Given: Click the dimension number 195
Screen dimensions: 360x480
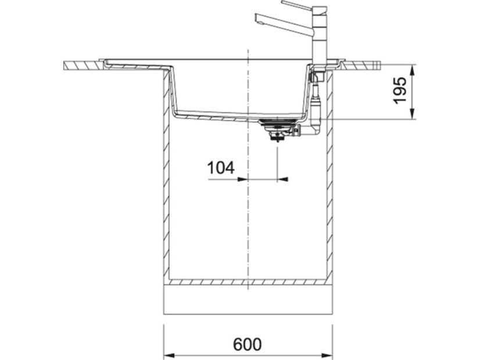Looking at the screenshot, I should pyautogui.click(x=400, y=91).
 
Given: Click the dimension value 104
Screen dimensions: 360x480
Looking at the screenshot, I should pyautogui.click(x=221, y=168).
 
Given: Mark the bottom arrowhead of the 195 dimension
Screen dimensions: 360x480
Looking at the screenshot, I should pyautogui.click(x=411, y=115).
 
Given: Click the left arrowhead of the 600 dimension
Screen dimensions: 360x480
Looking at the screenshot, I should pyautogui.click(x=168, y=354).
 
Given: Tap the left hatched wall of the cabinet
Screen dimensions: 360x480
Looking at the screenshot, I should pyautogui.click(x=166, y=192).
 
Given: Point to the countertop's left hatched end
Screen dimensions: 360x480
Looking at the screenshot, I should pyautogui.click(x=81, y=65).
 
